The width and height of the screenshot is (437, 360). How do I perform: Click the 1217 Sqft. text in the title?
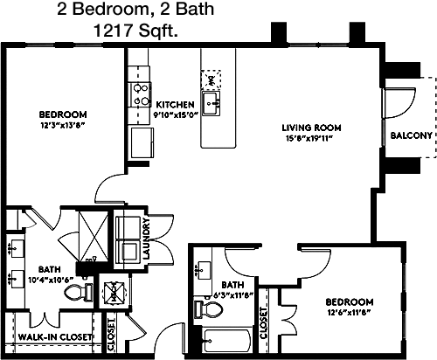tap(135, 31)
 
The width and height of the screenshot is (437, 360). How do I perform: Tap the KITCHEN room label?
tap(175, 105)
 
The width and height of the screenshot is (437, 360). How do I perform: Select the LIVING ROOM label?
tap(311, 128)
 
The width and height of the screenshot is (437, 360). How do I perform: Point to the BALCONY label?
tap(411, 135)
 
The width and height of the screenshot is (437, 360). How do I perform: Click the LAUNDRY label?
tap(147, 239)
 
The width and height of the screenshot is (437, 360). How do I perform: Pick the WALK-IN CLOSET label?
tap(55, 337)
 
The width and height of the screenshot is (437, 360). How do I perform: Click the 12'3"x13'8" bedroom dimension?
tap(63, 125)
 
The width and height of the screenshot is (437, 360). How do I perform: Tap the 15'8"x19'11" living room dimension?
tap(309, 138)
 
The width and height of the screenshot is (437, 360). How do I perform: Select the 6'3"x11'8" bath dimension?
tap(232, 295)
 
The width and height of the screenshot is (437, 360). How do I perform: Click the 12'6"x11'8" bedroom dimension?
tap(349, 313)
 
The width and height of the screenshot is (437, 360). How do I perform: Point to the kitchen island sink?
tap(211, 103)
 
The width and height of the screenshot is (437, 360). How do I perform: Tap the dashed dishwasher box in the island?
tap(211, 80)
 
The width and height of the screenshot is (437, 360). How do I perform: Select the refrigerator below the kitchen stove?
tap(142, 142)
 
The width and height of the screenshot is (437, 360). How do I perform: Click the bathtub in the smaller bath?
tap(226, 341)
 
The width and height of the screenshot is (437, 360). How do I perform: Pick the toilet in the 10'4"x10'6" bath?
tap(78, 292)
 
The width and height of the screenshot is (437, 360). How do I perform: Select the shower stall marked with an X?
tap(94, 236)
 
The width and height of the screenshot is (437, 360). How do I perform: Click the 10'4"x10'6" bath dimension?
tap(51, 280)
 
